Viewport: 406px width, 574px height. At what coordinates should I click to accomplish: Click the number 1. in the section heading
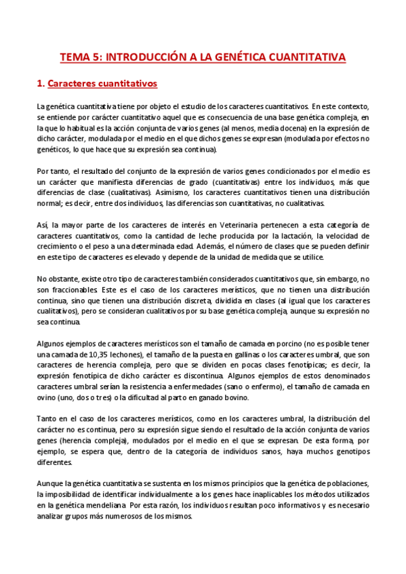[x=40, y=84]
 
